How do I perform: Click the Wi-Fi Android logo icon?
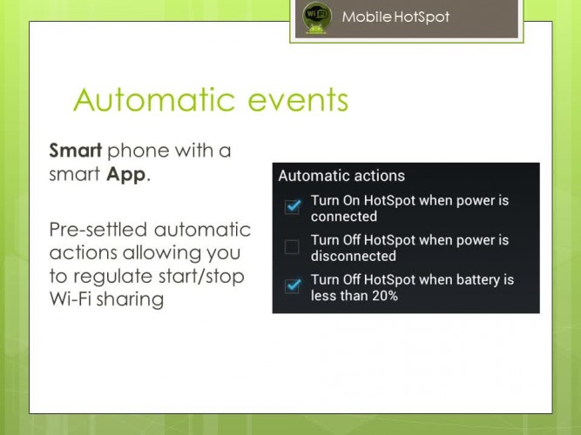[x=317, y=17]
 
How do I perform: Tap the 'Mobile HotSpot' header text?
[x=395, y=17]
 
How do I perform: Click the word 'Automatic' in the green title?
[x=154, y=99]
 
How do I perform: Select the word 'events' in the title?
[x=298, y=101]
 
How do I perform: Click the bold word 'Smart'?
[x=76, y=151]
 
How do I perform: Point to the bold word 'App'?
[x=126, y=175]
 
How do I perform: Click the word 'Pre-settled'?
[x=98, y=229]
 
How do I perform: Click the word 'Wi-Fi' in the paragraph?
[x=71, y=298]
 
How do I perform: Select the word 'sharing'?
[x=130, y=300]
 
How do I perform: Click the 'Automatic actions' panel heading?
[x=341, y=176]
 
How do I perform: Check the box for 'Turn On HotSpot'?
[x=293, y=206]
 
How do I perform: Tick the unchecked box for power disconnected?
[x=292, y=246]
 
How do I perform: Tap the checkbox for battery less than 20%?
[x=293, y=286]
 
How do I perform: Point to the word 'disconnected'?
[x=354, y=256]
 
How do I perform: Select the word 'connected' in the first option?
[x=344, y=217]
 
